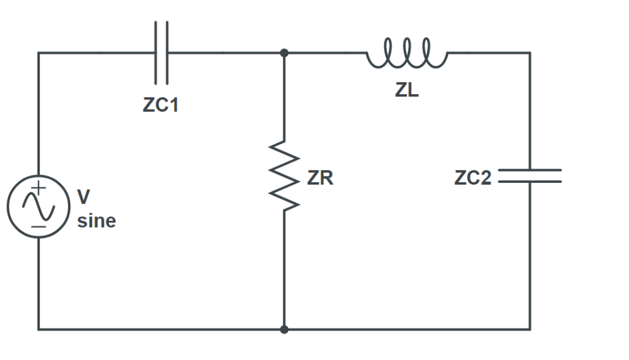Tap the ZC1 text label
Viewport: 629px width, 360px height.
[x=160, y=106]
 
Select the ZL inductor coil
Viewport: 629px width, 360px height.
[x=406, y=52]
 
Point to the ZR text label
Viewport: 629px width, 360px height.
[x=320, y=178]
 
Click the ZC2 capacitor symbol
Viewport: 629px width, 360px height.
[x=530, y=176]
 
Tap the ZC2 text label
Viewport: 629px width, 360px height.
[x=473, y=178]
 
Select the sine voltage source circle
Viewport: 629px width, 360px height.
[x=39, y=206]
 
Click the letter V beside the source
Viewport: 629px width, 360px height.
[x=83, y=196]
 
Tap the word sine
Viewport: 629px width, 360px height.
[x=97, y=221]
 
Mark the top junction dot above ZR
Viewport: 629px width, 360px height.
[x=284, y=52]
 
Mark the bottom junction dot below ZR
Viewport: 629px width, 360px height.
[x=284, y=329]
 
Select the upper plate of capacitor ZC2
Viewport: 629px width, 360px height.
[x=530, y=170]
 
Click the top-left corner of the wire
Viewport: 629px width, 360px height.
[x=39, y=52]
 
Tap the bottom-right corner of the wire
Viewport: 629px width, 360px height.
[x=530, y=329]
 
